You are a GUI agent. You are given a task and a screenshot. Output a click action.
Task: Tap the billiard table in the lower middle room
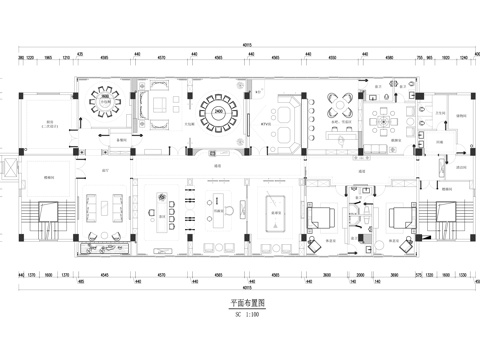(275, 208)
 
